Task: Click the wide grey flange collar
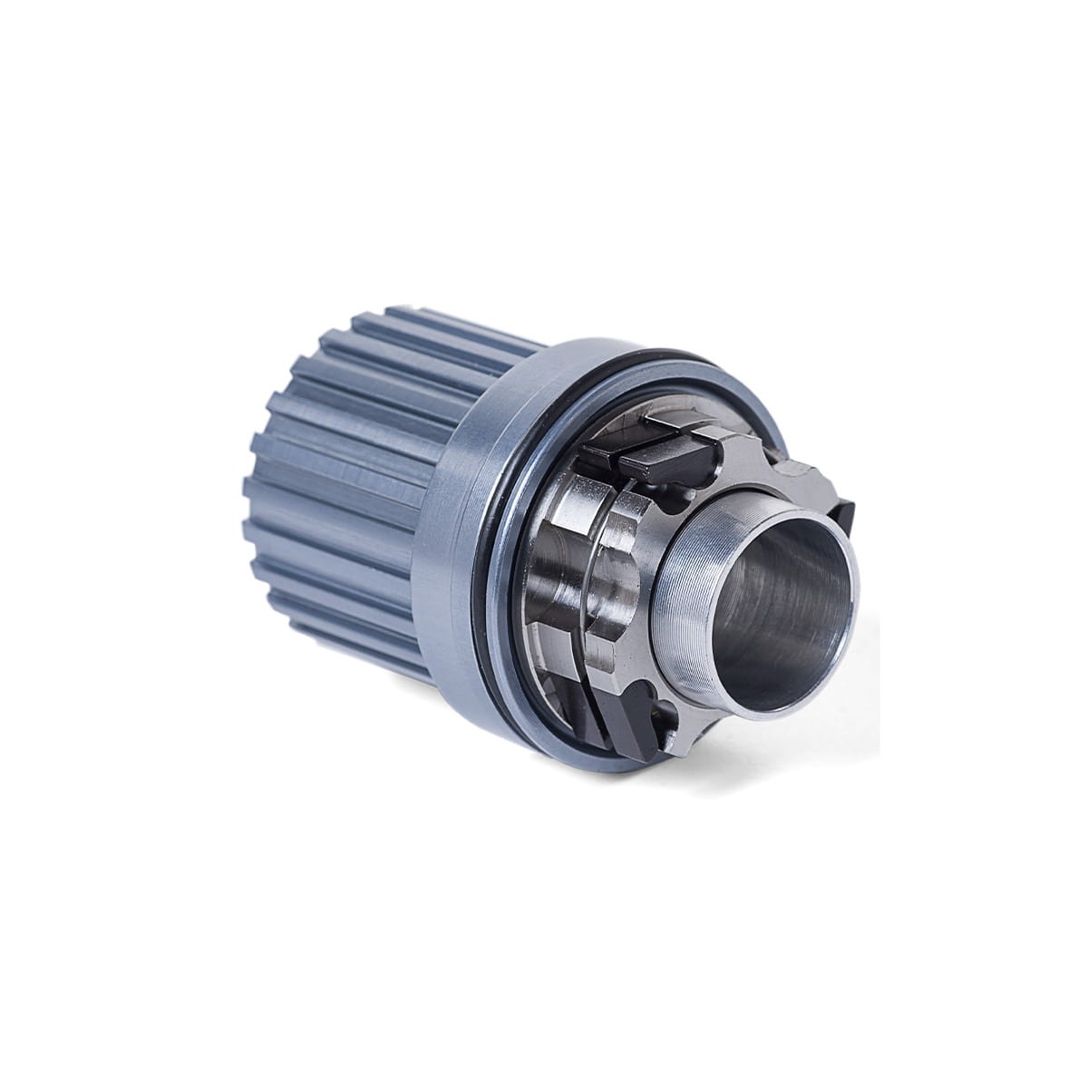pyautogui.click(x=453, y=508)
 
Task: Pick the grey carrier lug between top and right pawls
pyautogui.click(x=789, y=471)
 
